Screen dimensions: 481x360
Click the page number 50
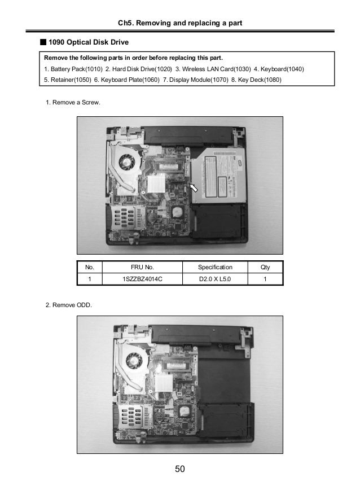180,469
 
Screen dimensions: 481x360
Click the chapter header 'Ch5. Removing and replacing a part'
180,23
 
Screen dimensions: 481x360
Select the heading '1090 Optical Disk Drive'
89,42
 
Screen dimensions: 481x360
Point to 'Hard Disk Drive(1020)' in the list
137,69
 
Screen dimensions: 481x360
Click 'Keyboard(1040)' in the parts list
280,69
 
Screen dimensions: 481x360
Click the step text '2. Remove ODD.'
69,305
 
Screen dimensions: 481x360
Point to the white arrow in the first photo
194,187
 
